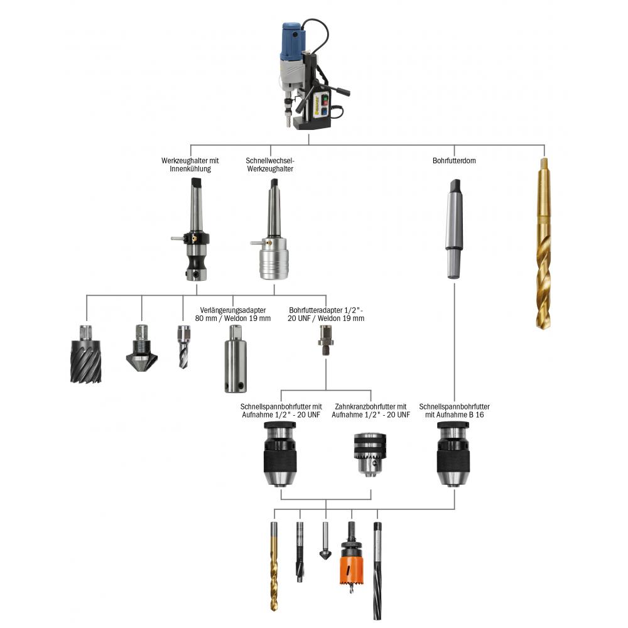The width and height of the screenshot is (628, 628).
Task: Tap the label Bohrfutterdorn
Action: click(x=454, y=161)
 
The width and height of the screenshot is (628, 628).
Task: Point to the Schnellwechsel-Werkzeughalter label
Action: click(x=270, y=165)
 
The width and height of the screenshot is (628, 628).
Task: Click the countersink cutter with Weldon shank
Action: click(x=142, y=352)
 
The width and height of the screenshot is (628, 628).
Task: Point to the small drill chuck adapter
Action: click(x=325, y=340)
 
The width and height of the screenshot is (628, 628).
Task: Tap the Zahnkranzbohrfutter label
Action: click(x=371, y=406)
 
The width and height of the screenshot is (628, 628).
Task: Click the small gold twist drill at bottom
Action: click(x=274, y=565)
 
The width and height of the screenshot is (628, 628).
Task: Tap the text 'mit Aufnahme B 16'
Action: click(x=455, y=415)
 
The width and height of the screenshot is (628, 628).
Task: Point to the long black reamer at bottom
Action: click(x=377, y=571)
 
